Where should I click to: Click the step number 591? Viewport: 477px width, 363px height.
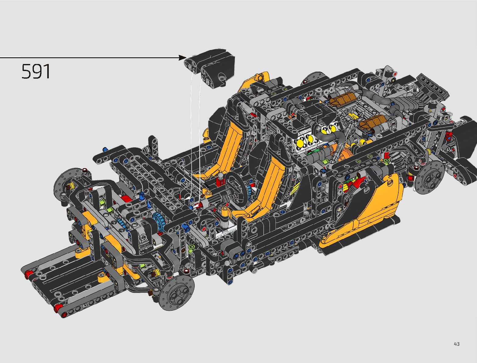point(36,71)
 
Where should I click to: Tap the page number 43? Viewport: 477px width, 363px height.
point(457,344)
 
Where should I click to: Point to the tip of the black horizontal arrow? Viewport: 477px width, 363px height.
point(187,58)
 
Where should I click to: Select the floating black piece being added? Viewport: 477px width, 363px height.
point(210,68)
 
